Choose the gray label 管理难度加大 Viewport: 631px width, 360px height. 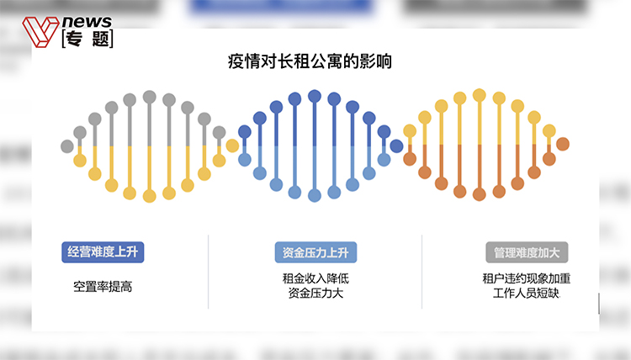point(528,251)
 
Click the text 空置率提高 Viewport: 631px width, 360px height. point(102,287)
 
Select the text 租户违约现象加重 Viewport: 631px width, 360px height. point(528,278)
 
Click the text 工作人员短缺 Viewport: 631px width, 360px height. point(526,294)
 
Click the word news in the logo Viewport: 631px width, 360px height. point(87,22)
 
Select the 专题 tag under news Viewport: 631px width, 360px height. point(87,39)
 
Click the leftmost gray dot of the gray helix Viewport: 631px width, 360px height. point(67,146)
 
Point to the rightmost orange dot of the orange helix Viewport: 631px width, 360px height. point(563,144)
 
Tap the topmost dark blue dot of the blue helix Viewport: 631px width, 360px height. point(315,96)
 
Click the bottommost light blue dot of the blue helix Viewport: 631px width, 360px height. point(315,195)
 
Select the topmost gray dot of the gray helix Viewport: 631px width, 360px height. point(150,97)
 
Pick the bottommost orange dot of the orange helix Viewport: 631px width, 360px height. point(480,194)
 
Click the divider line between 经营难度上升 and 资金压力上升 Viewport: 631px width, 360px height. point(209,271)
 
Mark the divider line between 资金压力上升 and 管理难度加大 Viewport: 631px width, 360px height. point(422,271)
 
